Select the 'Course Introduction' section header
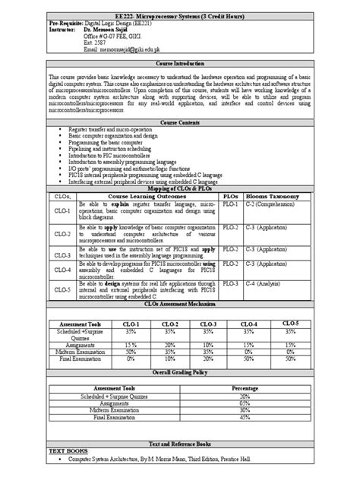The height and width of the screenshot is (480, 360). [180, 66]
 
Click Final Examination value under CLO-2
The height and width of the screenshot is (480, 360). [171, 358]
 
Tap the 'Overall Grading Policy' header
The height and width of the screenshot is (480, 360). [180, 374]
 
